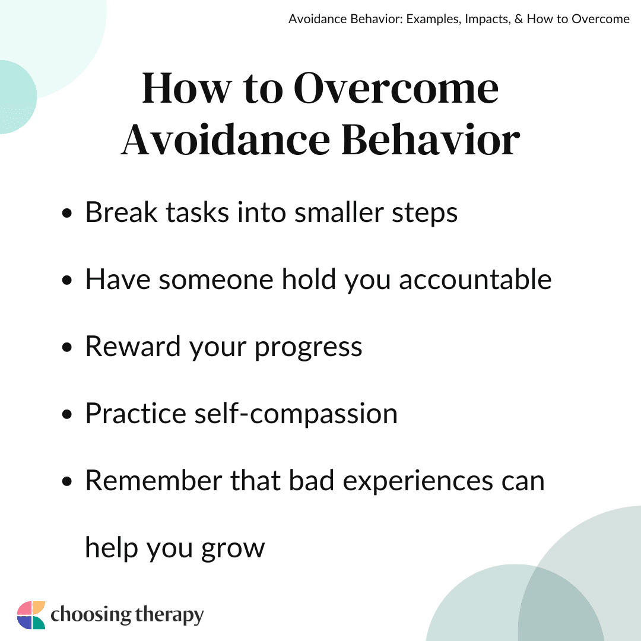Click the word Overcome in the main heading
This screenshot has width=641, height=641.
coord(396,88)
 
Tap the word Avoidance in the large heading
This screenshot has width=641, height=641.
coord(226,139)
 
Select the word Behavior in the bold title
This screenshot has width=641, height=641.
coord(430,139)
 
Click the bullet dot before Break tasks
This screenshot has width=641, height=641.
coord(66,214)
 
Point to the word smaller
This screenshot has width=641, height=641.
coord(339,212)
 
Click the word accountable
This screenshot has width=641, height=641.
coord(475,280)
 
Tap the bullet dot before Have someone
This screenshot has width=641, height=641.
coord(66,280)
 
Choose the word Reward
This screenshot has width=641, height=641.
coord(132,347)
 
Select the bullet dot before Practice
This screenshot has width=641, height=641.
coord(66,414)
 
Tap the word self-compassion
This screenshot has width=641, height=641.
coord(296,413)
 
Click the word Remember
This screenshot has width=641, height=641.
coord(154,480)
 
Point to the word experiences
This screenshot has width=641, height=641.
coord(418,481)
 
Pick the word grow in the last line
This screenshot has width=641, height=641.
coord(233,550)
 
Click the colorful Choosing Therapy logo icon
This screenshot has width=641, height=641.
coord(31,615)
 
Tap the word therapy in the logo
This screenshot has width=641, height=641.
coord(169,615)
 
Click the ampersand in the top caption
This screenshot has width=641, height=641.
coord(519,19)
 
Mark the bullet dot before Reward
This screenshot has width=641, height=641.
coord(66,347)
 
